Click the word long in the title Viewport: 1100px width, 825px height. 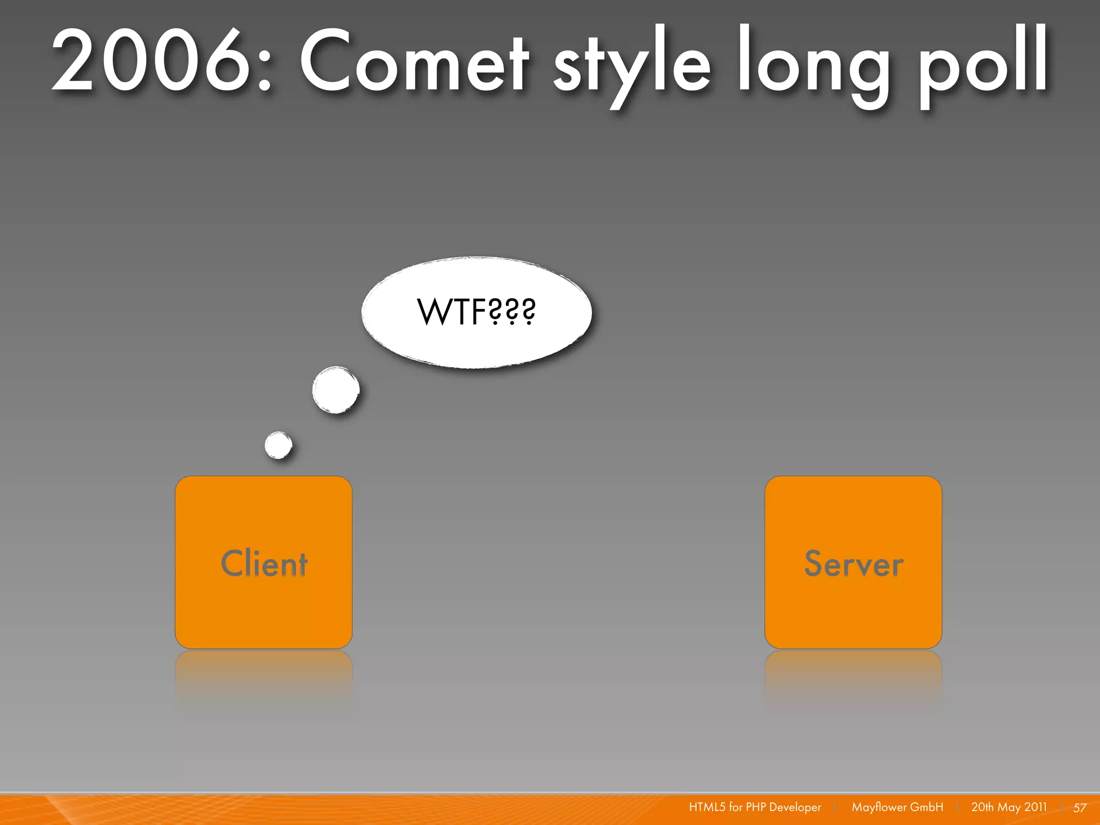coord(814,64)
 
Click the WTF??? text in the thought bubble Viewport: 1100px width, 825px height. coord(476,312)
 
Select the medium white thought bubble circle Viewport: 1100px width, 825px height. coord(336,390)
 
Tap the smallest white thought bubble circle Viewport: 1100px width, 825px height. coord(278,445)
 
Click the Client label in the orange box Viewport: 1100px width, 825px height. coord(264,563)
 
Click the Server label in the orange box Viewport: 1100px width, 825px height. coord(853,563)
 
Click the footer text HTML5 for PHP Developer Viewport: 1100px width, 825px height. coord(755,807)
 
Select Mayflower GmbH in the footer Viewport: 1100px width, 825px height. coord(897,807)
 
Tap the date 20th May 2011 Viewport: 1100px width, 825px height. coord(1009,807)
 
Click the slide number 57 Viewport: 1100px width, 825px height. coord(1080,807)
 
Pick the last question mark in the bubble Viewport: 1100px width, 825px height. coord(529,312)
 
